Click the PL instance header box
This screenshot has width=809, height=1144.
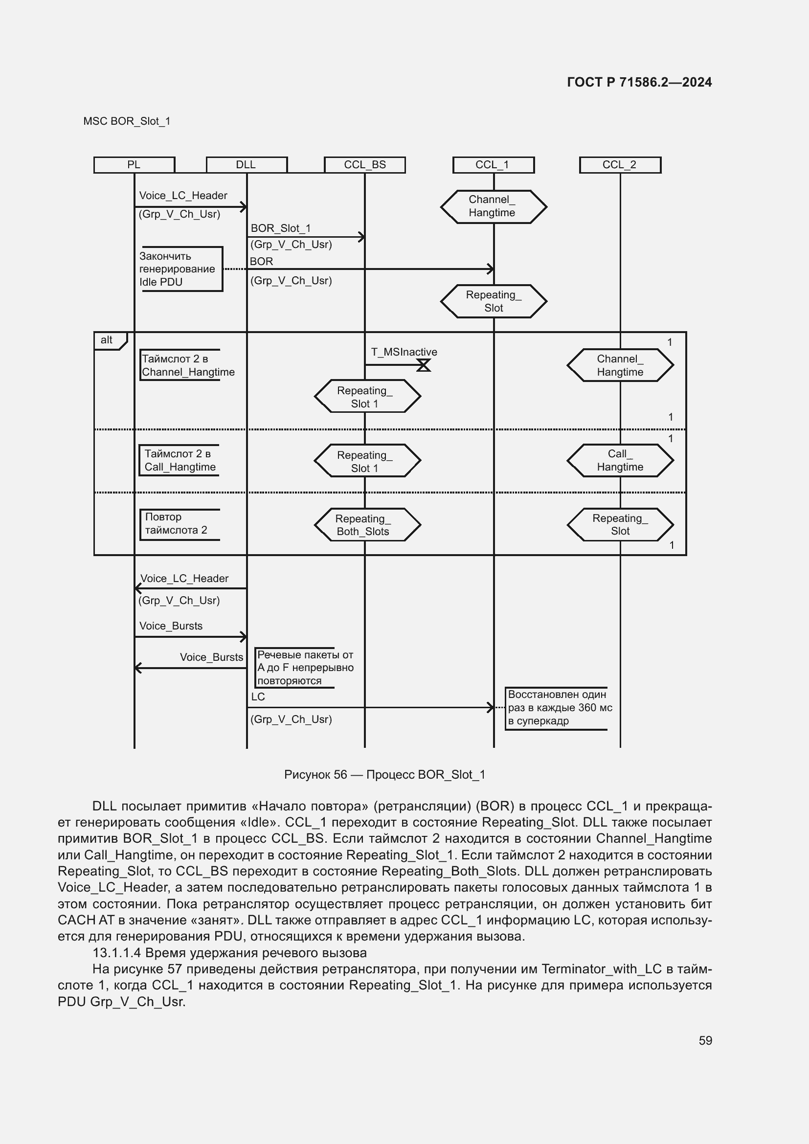pyautogui.click(x=134, y=165)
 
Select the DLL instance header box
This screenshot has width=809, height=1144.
pyautogui.click(x=247, y=165)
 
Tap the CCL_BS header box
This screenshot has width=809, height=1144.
pyautogui.click(x=365, y=165)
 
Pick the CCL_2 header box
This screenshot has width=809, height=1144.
pyautogui.click(x=620, y=165)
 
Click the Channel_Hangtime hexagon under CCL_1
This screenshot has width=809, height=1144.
pyautogui.click(x=493, y=206)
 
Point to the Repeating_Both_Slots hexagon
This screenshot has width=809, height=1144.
pyautogui.click(x=367, y=525)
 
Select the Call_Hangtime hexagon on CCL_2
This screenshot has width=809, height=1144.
pyautogui.click(x=620, y=460)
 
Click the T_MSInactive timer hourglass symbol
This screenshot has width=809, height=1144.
pyautogui.click(x=424, y=365)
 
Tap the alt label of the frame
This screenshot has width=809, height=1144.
pyautogui.click(x=107, y=340)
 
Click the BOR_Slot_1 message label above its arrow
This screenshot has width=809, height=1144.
pyautogui.click(x=280, y=228)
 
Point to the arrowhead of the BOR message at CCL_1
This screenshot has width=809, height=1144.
pyautogui.click(x=491, y=269)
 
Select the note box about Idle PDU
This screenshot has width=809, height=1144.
pyautogui.click(x=180, y=269)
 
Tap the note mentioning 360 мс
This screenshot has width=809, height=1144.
pyautogui.click(x=558, y=708)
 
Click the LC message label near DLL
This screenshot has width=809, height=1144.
pyautogui.click(x=258, y=696)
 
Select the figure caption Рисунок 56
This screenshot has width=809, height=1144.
pyautogui.click(x=384, y=774)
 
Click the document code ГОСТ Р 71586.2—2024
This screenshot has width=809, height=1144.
pyautogui.click(x=639, y=82)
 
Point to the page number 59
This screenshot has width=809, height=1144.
pyautogui.click(x=705, y=1040)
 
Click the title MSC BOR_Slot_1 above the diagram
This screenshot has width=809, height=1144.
pyautogui.click(x=127, y=121)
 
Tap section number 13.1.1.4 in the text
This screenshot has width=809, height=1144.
pyautogui.click(x=116, y=953)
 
